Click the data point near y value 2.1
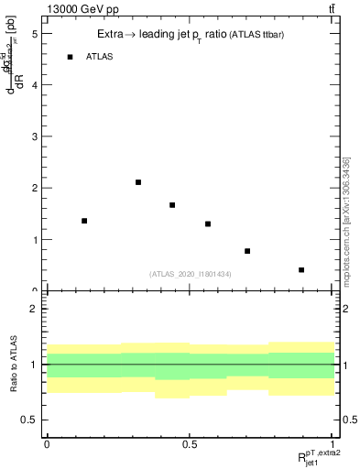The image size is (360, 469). click(138, 182)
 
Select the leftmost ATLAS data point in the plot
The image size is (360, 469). click(84, 221)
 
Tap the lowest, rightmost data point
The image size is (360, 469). click(301, 270)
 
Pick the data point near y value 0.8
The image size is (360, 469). click(247, 251)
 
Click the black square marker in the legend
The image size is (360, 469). click(70, 57)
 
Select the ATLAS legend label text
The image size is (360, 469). click(100, 57)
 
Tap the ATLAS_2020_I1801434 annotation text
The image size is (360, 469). click(190, 274)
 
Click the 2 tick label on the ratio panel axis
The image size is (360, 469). click(34, 309)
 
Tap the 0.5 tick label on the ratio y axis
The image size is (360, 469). click(30, 420)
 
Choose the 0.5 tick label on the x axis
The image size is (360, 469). click(190, 443)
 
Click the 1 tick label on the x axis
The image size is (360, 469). click(333, 443)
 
